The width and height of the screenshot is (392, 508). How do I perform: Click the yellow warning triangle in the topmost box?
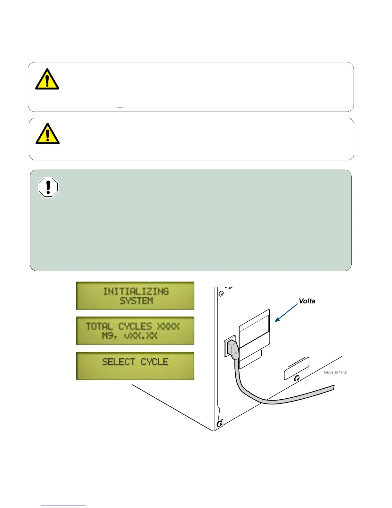(x=47, y=79)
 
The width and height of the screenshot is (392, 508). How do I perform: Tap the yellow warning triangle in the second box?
(x=47, y=134)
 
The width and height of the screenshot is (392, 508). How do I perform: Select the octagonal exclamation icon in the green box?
(x=48, y=187)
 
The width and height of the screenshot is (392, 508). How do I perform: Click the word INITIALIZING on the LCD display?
(x=136, y=291)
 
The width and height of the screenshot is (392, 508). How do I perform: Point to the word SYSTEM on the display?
(x=136, y=301)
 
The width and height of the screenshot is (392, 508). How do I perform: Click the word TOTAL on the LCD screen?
(x=99, y=326)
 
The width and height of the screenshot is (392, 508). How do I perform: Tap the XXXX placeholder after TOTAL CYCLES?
(x=168, y=326)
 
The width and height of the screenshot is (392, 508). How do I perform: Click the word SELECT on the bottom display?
(x=119, y=362)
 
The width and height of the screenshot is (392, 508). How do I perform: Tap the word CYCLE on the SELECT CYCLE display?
(x=155, y=362)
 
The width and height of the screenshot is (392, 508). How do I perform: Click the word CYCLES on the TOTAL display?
(x=135, y=326)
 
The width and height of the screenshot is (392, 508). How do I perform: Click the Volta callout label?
(x=307, y=301)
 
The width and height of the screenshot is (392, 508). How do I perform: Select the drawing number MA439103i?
(x=336, y=372)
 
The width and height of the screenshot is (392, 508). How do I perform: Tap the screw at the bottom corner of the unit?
(x=220, y=423)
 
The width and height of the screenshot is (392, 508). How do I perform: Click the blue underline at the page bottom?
(x=63, y=505)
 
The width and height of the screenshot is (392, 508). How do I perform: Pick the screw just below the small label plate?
(x=297, y=378)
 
